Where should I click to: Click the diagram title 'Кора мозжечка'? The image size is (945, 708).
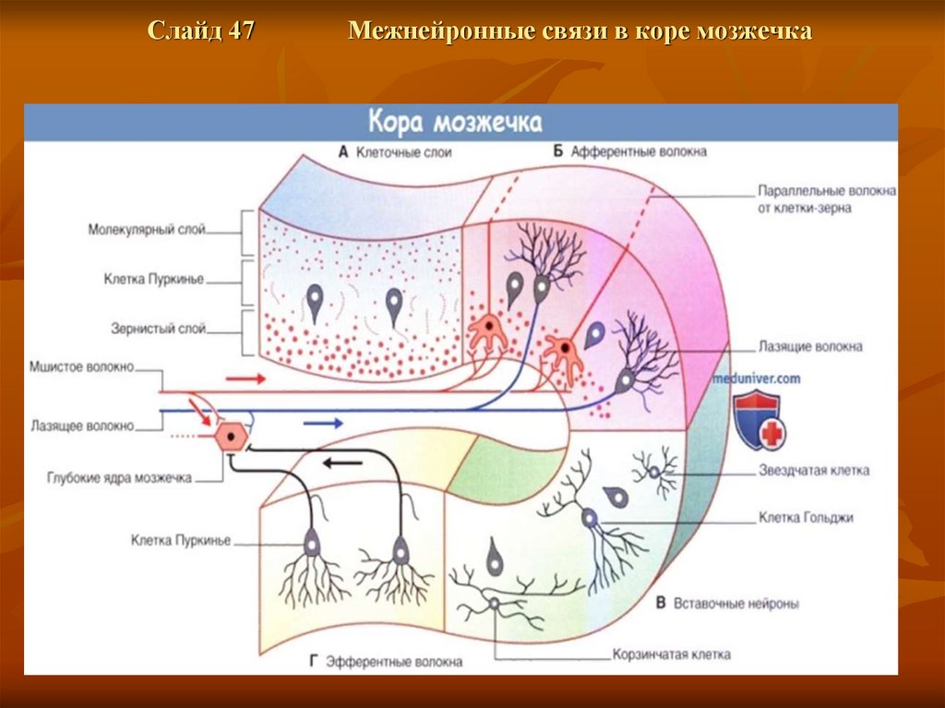(x=456, y=122)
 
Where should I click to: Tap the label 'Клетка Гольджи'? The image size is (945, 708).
(x=806, y=518)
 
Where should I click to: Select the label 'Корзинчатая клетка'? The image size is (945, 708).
(x=671, y=654)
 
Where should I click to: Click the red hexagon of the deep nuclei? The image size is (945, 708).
(x=230, y=437)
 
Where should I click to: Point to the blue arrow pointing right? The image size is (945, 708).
(x=323, y=423)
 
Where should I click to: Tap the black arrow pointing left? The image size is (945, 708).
(x=342, y=462)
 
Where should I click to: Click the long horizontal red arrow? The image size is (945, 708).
(x=245, y=378)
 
